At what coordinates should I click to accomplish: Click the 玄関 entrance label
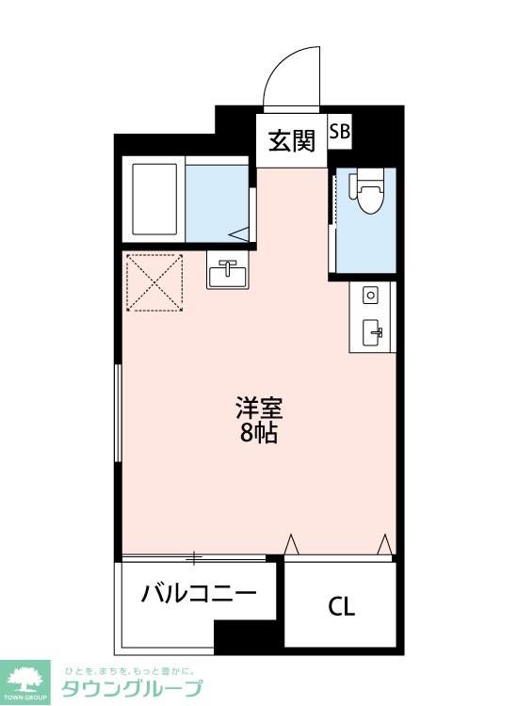(291, 141)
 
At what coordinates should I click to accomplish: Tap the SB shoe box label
(339, 133)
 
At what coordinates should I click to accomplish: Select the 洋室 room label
(259, 409)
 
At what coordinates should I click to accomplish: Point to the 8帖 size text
(259, 435)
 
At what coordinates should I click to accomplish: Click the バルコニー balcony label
(199, 594)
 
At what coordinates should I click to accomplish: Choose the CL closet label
(341, 607)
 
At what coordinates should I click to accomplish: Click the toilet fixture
(369, 192)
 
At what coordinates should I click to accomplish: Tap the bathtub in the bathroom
(153, 201)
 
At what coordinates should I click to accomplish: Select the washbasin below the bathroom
(227, 273)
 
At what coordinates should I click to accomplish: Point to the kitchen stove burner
(371, 296)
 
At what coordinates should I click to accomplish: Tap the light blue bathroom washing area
(217, 202)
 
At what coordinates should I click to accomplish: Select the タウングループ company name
(131, 688)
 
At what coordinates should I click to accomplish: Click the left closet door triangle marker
(292, 545)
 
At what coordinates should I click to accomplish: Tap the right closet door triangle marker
(384, 545)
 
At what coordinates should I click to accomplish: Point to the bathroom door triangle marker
(240, 233)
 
